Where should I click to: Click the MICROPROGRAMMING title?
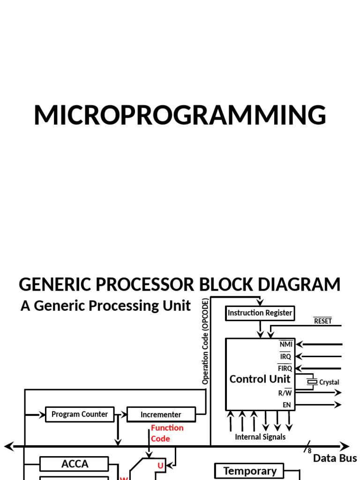(180, 116)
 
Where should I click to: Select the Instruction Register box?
(260, 313)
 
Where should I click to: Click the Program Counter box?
(80, 414)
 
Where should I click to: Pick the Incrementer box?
(161, 415)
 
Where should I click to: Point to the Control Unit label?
(260, 379)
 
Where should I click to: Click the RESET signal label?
(322, 321)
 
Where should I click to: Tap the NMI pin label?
(285, 345)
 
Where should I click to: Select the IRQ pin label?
(285, 357)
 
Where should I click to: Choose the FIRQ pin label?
(285, 368)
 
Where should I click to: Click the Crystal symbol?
(312, 382)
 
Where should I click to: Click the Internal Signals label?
(260, 437)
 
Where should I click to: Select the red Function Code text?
(166, 433)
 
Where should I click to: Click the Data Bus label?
(335, 458)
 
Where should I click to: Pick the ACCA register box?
(75, 464)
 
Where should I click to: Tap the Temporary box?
(250, 471)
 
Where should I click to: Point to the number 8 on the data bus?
(310, 451)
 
